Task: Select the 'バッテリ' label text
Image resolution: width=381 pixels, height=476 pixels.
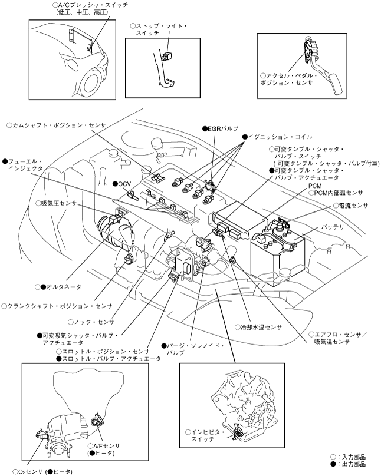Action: click(333, 226)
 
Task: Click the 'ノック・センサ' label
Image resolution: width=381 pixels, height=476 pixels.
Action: click(91, 322)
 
